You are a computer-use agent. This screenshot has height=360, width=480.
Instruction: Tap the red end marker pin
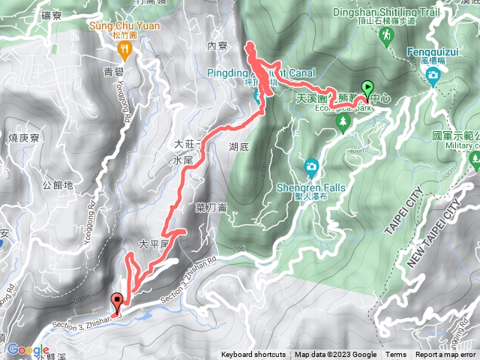point(117,301)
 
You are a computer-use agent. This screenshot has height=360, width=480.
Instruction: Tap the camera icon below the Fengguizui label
point(433,76)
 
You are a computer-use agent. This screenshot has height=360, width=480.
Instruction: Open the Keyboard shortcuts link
point(253,355)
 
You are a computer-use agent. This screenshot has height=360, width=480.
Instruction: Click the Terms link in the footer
point(396,355)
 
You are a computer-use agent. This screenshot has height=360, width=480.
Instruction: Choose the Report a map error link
point(445,355)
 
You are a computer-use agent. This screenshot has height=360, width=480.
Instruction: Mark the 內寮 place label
point(217,46)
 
